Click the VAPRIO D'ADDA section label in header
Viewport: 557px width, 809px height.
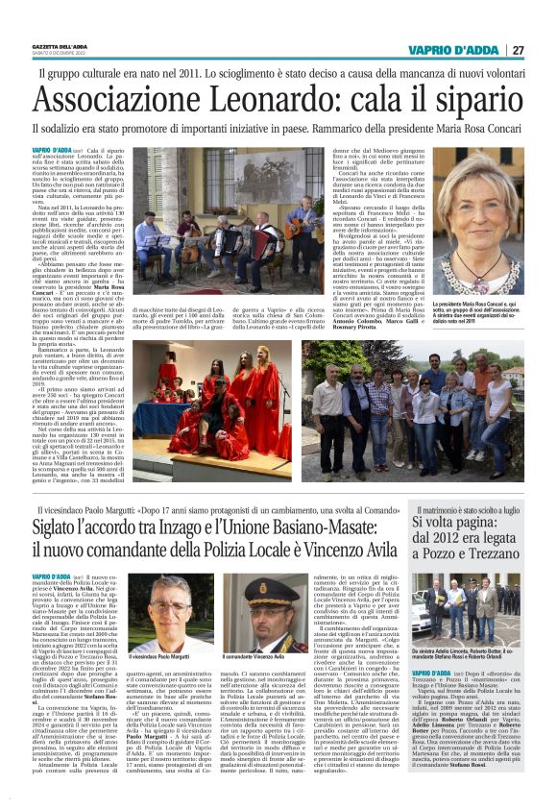point(451,49)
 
